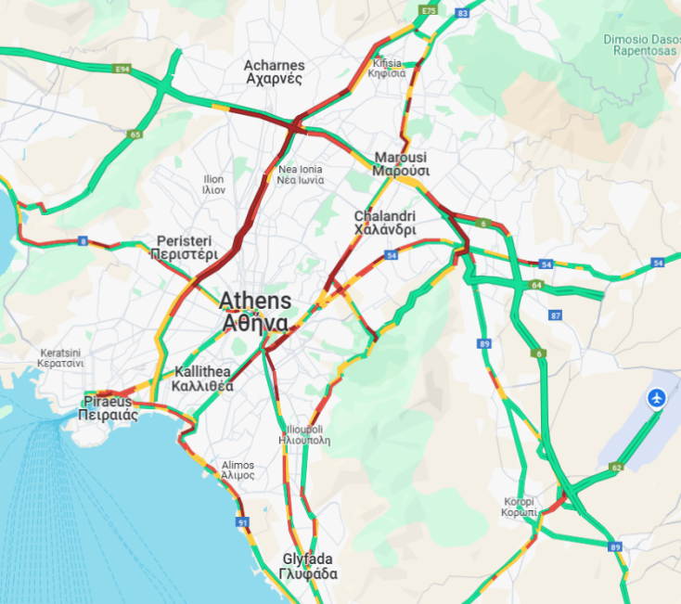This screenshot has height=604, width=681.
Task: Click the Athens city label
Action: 255,312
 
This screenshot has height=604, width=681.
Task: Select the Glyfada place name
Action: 308,566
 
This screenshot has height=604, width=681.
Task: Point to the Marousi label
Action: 401,163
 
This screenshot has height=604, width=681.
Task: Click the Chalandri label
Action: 384,223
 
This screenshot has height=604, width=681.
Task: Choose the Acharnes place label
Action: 274,72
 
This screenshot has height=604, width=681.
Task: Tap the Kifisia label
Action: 388,68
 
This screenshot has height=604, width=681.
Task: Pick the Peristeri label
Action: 186,247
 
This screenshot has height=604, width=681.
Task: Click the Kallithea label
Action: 203,379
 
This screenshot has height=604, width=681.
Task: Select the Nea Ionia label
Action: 300,174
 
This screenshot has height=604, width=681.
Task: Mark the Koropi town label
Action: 520,506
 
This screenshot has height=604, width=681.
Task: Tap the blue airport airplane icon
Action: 658,398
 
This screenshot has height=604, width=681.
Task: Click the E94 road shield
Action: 121,69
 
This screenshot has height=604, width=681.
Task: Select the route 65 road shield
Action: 135,135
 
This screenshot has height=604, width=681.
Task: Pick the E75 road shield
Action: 428,9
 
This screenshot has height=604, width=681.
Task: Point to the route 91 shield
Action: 243,523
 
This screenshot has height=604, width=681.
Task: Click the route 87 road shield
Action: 556,316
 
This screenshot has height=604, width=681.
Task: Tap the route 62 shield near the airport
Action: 616,468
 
